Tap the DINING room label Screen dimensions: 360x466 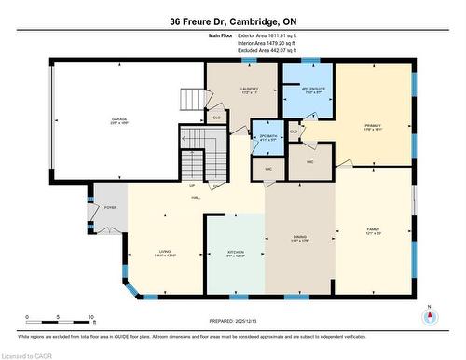[298, 238]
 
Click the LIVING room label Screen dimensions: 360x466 [165, 253]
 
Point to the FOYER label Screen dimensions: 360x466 [110, 207]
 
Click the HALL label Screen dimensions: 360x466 [197, 198]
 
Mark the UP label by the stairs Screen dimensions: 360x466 [192, 186]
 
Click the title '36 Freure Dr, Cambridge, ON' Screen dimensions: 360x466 [232, 20]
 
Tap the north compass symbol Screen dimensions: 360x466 [429, 316]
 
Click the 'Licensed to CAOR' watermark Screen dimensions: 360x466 [28, 354]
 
